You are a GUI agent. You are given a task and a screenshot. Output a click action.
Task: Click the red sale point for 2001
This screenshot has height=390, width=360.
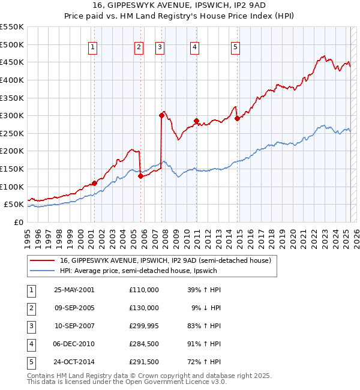coord(94,183)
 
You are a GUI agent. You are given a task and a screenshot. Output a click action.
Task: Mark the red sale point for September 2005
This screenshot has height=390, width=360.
coord(140,176)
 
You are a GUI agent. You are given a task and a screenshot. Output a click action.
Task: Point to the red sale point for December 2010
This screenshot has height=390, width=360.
coord(196,121)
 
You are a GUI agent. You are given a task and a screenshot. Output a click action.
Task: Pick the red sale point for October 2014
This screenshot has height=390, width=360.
coord(237,118)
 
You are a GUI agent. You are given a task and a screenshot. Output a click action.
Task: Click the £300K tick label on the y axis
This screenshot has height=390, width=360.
coord(12,115)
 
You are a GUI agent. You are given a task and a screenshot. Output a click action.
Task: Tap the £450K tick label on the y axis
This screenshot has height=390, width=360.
coord(12,62)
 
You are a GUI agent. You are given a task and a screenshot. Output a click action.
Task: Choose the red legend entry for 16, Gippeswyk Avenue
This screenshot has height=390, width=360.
coord(166,260)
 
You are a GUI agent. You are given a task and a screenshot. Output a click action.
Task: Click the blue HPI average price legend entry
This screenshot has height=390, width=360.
coord(138,271)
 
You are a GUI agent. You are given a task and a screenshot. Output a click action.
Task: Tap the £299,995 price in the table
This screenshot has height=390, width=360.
coord(143,326)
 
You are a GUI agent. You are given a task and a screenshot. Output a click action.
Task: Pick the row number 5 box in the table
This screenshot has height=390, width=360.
coord(30,362)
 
